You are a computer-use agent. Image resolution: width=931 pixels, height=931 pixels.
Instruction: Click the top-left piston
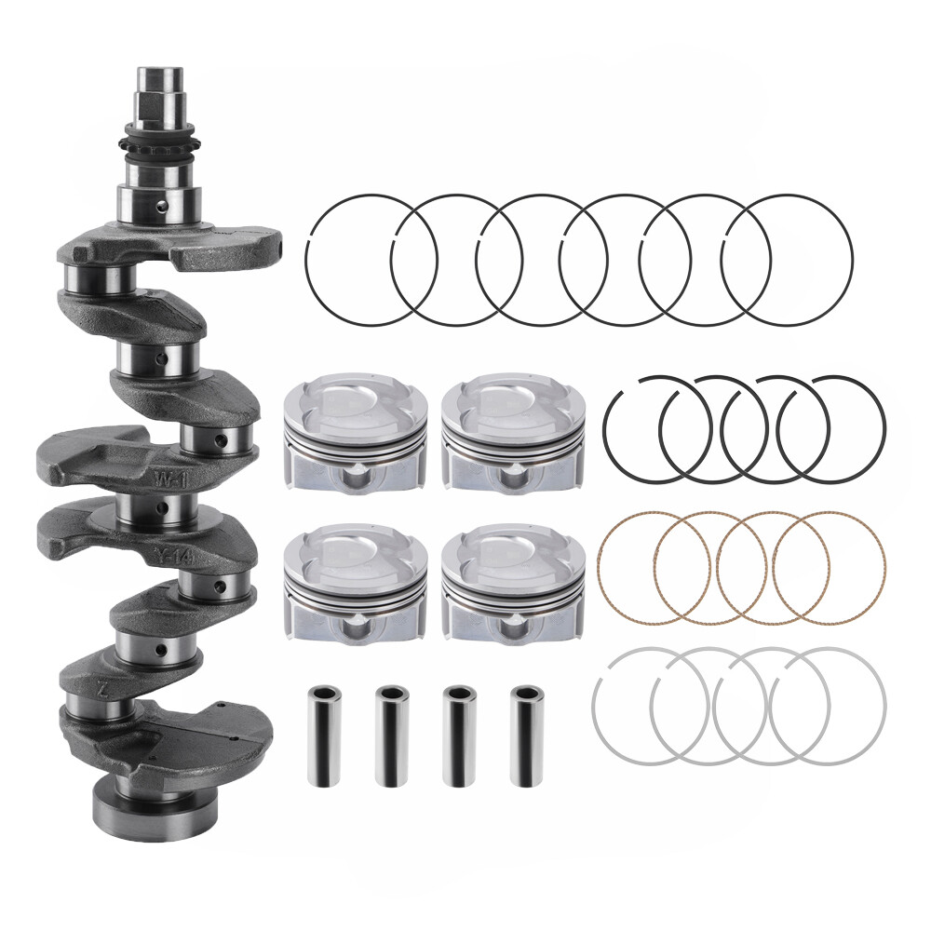point(354,434)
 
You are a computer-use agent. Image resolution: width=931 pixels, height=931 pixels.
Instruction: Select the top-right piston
point(514,434)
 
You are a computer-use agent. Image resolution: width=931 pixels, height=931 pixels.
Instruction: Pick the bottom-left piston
point(354,583)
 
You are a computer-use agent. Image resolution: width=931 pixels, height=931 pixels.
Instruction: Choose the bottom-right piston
point(514,583)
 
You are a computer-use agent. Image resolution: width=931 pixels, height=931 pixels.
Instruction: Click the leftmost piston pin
point(324,735)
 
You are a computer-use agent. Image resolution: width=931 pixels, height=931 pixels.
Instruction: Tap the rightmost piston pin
point(526,735)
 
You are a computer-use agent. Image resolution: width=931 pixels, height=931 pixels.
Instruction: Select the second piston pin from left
point(392,735)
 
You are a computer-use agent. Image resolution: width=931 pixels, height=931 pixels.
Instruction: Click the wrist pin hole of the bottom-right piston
point(514,627)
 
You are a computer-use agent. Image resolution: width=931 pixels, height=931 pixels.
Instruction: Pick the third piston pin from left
point(458,735)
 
